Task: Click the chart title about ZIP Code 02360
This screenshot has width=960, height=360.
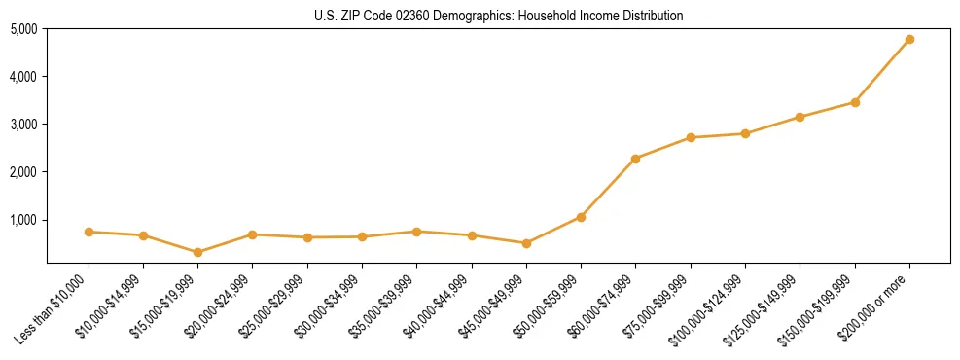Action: click(x=499, y=16)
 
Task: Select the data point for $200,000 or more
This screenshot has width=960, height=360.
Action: click(x=909, y=40)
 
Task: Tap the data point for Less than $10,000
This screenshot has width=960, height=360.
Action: click(x=89, y=232)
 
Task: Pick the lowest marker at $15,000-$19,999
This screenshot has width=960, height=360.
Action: click(x=198, y=252)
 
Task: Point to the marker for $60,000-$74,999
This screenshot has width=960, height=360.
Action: click(x=636, y=159)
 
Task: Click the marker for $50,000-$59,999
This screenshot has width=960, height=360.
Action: click(x=581, y=217)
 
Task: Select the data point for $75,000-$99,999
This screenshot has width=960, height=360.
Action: click(x=691, y=137)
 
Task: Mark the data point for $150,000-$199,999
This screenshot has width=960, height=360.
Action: click(x=855, y=102)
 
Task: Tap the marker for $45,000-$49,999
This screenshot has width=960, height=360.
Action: click(x=526, y=243)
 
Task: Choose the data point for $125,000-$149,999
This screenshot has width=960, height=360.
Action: click(x=800, y=117)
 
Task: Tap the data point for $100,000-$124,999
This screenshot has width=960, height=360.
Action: click(x=745, y=133)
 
